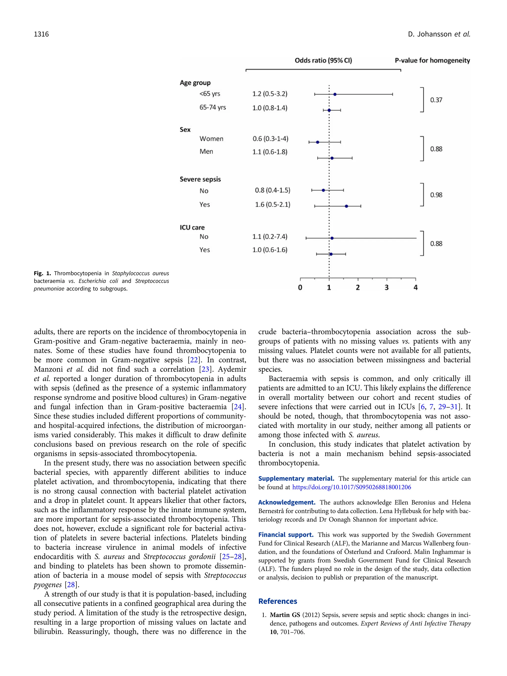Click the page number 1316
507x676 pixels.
41,34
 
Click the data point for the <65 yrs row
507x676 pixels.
335,95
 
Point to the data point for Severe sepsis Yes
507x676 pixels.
346,206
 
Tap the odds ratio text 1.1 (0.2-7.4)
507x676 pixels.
270,237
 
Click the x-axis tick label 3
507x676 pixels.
387,288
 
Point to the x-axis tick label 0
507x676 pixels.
300,288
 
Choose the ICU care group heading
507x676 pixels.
192,228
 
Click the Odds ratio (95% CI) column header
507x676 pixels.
323,60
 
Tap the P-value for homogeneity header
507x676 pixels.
432,60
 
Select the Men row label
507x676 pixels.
206,151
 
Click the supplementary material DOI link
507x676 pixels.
352,487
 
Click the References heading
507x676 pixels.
278,601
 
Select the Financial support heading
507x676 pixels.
286,535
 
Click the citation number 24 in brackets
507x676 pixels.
237,407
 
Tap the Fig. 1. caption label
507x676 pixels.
42,274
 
